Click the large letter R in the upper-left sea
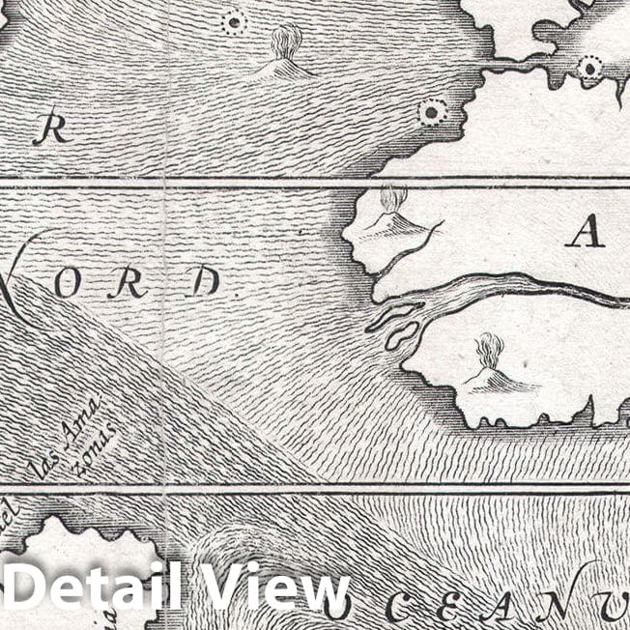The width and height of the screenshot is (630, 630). coord(53,130)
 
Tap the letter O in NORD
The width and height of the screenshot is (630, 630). coord(67,283)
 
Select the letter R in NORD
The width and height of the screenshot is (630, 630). coord(129,283)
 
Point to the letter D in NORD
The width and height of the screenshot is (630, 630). coord(204,283)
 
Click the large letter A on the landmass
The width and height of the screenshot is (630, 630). coord(585,232)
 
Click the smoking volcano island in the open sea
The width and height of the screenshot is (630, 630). coord(285,53)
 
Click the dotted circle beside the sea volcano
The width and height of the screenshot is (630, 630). coord(233,22)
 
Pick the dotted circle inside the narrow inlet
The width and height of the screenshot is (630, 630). coord(588,67)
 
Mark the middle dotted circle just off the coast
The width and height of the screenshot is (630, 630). coord(431,112)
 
